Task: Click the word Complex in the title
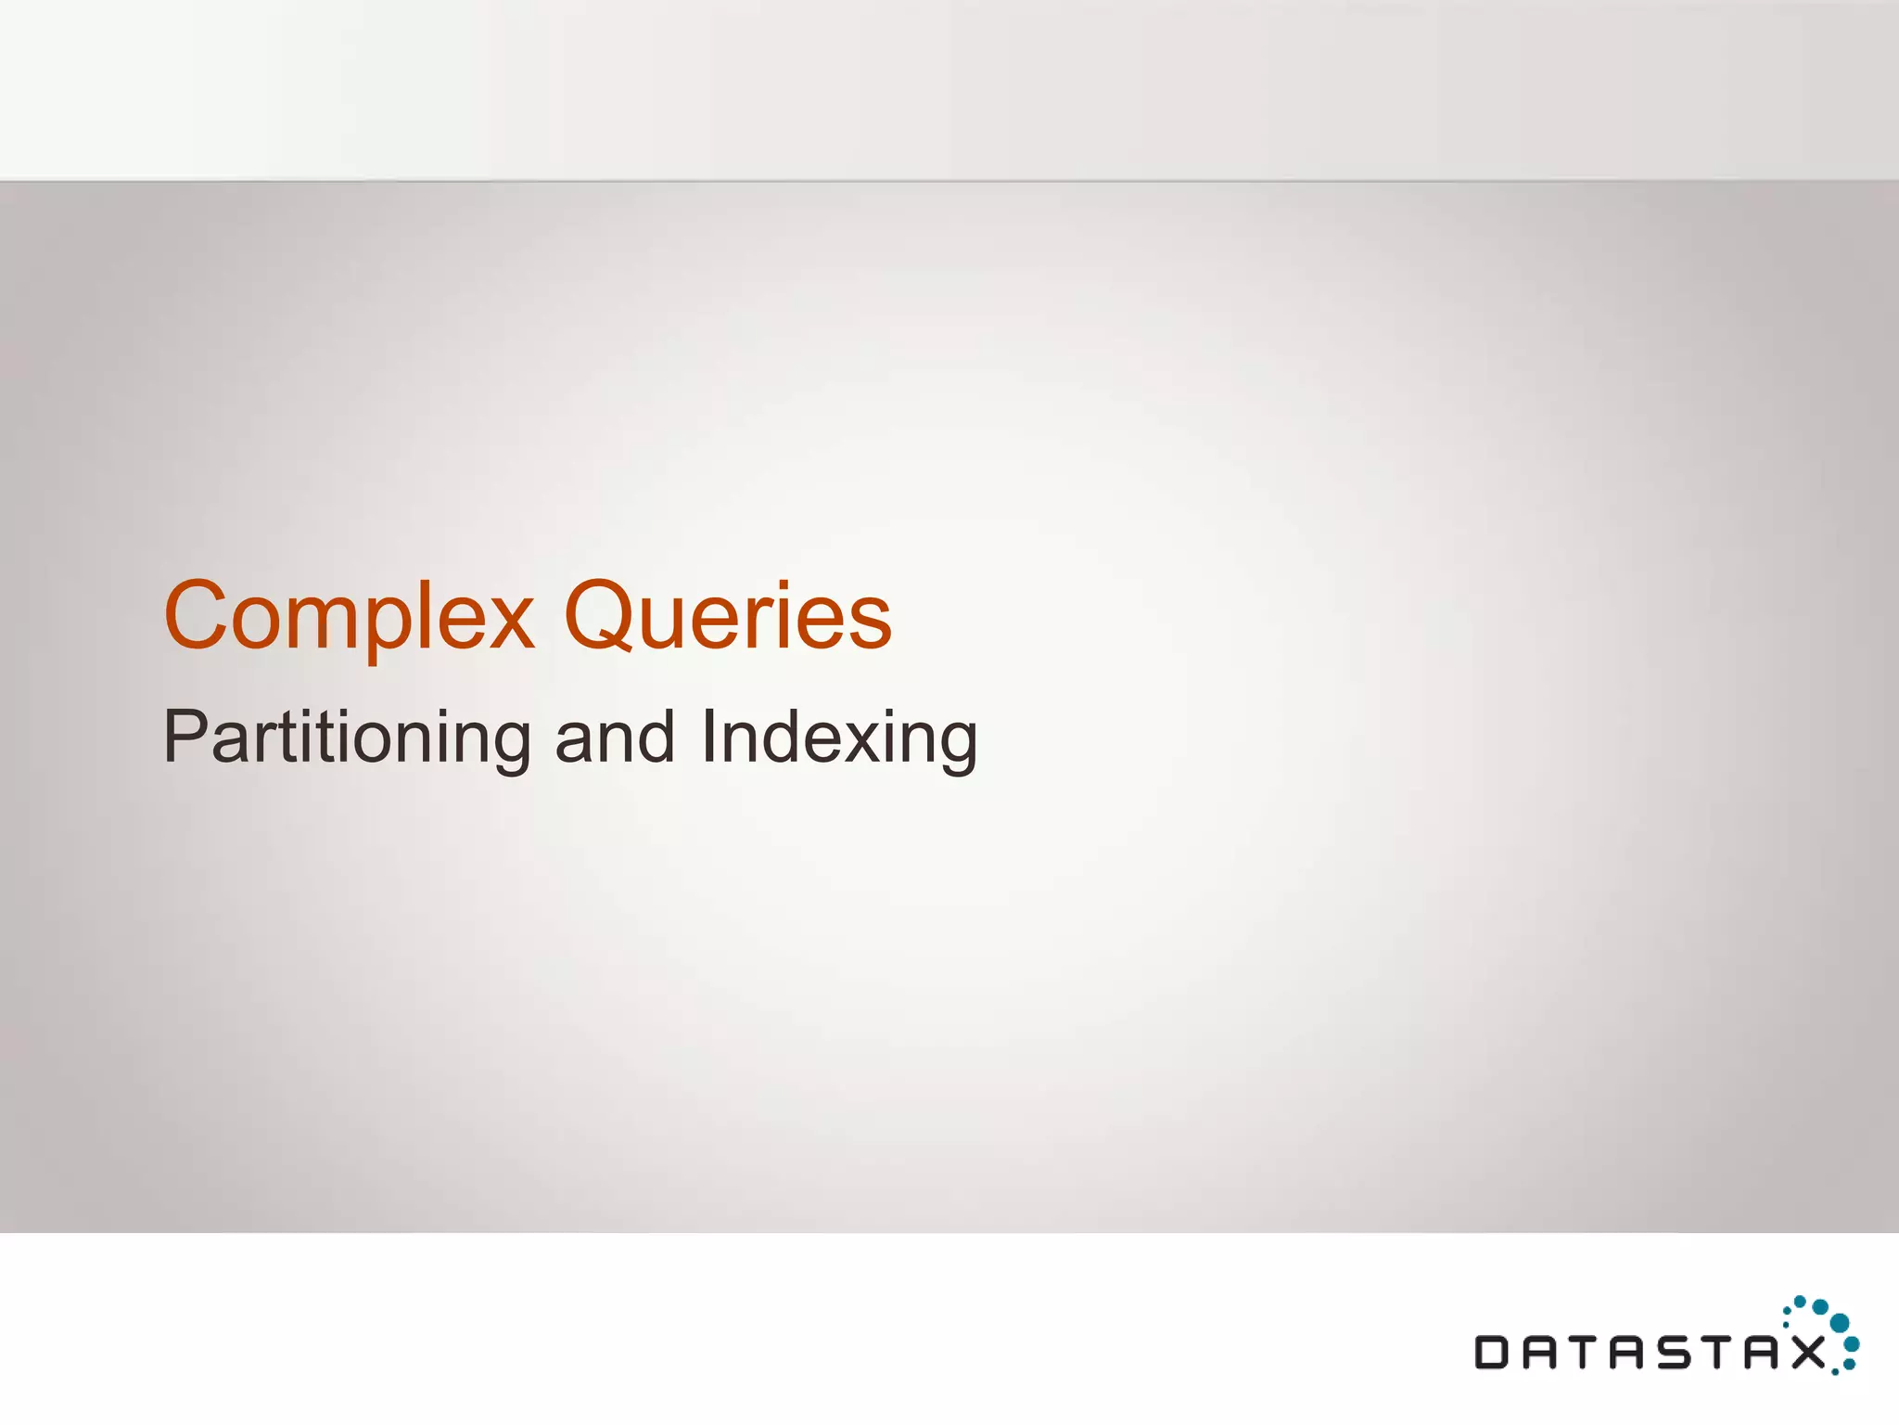(349, 617)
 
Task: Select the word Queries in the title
(728, 617)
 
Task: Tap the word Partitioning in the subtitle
(346, 738)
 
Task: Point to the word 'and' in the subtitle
(615, 738)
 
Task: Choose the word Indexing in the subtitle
(839, 738)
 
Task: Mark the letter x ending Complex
(508, 623)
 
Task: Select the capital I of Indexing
(710, 736)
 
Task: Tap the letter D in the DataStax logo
(1493, 1352)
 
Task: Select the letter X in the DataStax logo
(1807, 1352)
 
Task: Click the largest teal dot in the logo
(1840, 1322)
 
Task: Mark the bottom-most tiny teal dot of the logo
(1835, 1372)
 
